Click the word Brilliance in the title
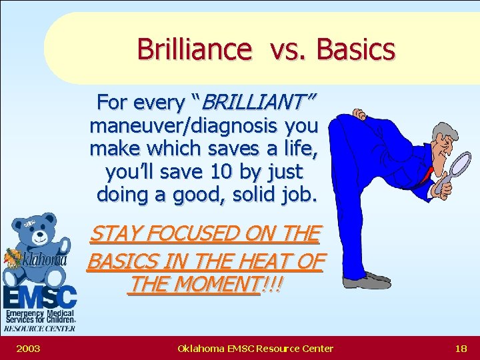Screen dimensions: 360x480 (195, 49)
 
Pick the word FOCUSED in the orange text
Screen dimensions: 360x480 (200, 235)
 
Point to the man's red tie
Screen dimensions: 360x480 (425, 177)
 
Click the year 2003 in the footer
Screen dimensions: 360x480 (27, 348)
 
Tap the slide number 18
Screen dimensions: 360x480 (460, 348)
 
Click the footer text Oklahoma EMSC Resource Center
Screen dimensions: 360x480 (255, 348)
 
